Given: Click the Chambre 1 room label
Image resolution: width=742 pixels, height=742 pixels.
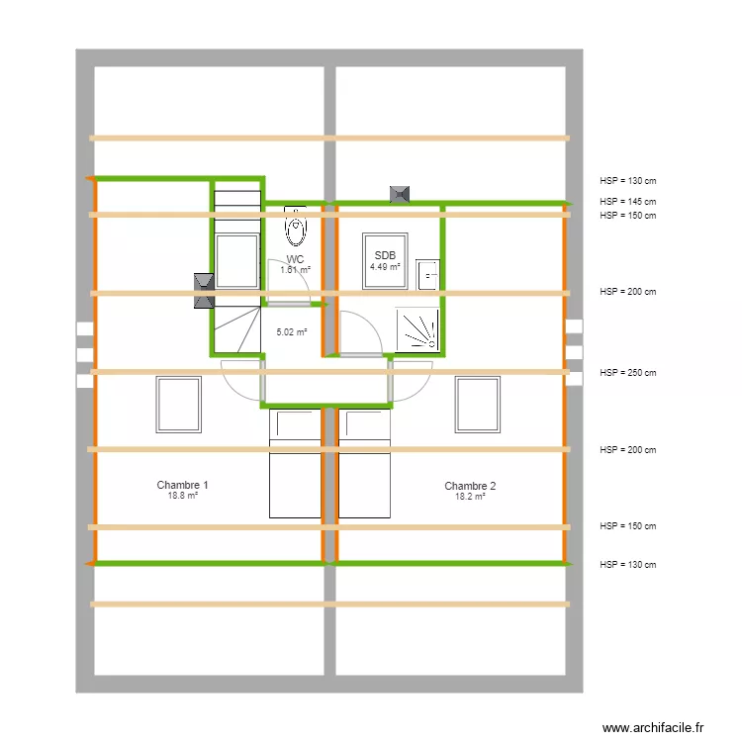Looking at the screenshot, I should [x=182, y=485].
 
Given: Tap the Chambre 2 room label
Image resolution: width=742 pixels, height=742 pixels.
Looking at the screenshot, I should [x=470, y=486].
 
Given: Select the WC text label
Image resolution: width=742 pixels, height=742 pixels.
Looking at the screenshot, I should [x=295, y=259].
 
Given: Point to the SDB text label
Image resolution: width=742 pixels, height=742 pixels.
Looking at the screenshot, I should [x=385, y=255].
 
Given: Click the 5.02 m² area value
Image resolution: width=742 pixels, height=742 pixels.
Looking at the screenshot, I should [x=291, y=332].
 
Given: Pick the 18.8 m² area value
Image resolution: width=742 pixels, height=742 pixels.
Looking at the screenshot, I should [x=182, y=497].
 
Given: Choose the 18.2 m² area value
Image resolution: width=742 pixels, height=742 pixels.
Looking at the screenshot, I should [x=470, y=498].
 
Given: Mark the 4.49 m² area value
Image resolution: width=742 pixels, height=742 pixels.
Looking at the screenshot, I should [x=385, y=267].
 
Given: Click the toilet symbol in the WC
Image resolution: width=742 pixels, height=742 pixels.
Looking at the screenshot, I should [x=295, y=227].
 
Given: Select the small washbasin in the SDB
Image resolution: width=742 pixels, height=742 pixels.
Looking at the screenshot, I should [x=427, y=274].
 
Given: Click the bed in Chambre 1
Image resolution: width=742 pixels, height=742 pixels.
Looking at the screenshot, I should [x=296, y=463].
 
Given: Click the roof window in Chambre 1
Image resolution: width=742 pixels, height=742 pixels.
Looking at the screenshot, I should [x=178, y=404].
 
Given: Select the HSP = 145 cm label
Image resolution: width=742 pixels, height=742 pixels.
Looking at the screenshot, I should [x=627, y=202].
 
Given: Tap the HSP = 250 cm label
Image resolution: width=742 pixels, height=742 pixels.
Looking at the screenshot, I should [x=627, y=373].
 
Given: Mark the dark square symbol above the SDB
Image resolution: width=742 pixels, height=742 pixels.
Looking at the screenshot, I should [x=400, y=194].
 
